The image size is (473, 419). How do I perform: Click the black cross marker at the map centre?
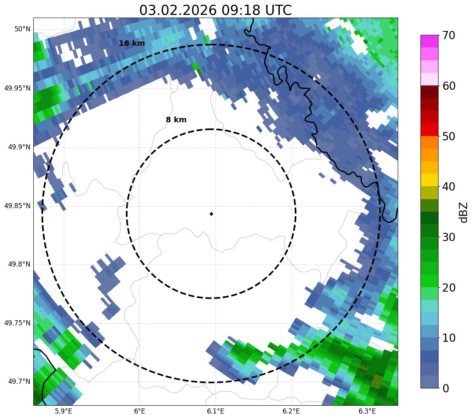pyautogui.click(x=212, y=214)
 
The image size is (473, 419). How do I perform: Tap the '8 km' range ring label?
pyautogui.click(x=176, y=120)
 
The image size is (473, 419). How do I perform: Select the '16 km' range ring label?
pyautogui.click(x=132, y=44)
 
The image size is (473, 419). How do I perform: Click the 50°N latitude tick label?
pyautogui.click(x=22, y=29)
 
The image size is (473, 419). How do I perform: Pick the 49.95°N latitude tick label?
pyautogui.click(x=17, y=88)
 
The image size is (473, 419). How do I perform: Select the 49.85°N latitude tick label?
pyautogui.click(x=17, y=206)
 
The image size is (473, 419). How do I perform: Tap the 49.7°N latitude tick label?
pyautogui.click(x=19, y=381)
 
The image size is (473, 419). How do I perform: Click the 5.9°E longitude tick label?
pyautogui.click(x=63, y=411)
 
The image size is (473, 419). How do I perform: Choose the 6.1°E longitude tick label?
pyautogui.click(x=216, y=411)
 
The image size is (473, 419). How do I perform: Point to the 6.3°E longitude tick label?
pyautogui.click(x=367, y=411)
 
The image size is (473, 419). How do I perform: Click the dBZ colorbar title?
pyautogui.click(x=464, y=212)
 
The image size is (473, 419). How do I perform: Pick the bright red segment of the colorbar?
pyautogui.click(x=429, y=129)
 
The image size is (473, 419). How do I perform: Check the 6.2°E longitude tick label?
pyautogui.click(x=291, y=411)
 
